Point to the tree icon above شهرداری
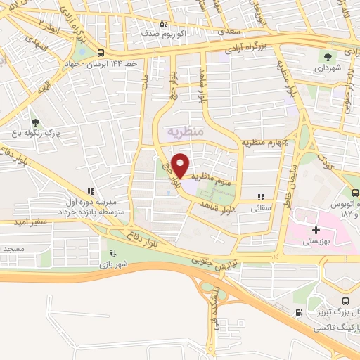coord(328,56)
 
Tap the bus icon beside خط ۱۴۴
coord(101,53)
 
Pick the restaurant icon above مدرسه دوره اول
coord(90,191)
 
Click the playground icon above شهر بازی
coord(112,253)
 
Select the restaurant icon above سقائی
coord(262,198)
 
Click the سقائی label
coord(262,209)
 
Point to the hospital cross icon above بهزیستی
coord(316,230)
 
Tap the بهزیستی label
coord(316,241)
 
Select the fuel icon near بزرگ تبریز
coord(301,313)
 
